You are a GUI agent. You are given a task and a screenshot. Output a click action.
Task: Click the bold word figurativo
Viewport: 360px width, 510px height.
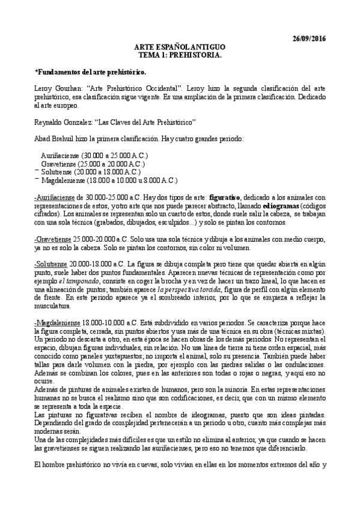[225, 197]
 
